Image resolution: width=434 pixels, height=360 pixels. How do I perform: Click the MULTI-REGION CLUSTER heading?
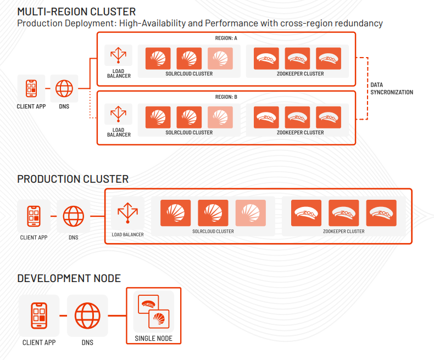tap(76, 11)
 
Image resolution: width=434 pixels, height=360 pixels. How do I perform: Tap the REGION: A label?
tap(226, 38)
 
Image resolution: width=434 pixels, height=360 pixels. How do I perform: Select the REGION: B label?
tap(226, 97)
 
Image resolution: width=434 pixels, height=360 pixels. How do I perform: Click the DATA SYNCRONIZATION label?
tap(391, 89)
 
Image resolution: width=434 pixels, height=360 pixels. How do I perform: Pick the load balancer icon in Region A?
tap(119, 57)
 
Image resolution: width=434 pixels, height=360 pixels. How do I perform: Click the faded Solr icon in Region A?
tap(220, 58)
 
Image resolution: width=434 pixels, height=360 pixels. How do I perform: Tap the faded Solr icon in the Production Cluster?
tap(251, 213)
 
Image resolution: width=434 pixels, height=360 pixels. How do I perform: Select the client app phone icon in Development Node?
tap(39, 316)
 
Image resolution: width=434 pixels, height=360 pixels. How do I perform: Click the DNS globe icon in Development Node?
tap(87, 316)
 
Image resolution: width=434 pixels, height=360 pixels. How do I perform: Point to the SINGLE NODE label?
tap(153, 339)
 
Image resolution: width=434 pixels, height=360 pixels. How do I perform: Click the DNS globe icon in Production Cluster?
tap(73, 216)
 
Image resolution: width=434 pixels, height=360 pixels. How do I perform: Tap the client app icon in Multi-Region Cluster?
tap(31, 88)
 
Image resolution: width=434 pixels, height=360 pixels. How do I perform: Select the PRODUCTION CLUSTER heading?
tap(73, 179)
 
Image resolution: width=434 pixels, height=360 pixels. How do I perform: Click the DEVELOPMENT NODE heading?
tap(69, 279)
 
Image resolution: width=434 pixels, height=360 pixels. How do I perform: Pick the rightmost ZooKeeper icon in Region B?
tap(329, 117)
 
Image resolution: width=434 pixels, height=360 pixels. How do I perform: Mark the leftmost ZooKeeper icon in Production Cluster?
tap(306, 213)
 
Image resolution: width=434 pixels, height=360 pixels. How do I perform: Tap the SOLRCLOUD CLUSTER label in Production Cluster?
tap(213, 232)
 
